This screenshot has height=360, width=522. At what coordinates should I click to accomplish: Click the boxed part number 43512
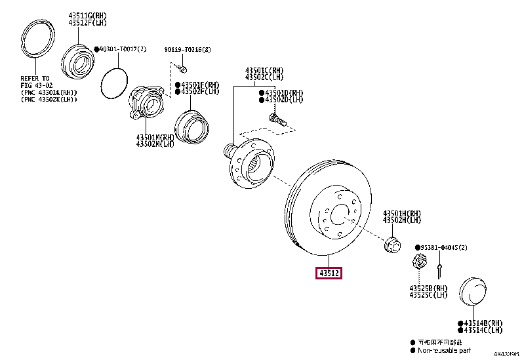tap(330, 273)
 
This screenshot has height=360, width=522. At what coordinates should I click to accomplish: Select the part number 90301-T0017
tap(120, 49)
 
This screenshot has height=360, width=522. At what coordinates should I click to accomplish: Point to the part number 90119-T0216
tap(188, 49)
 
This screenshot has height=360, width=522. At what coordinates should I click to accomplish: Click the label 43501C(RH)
tap(265, 70)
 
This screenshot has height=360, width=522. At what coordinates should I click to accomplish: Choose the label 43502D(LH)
tap(284, 100)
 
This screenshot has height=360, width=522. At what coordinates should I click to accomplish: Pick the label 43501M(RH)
tap(155, 137)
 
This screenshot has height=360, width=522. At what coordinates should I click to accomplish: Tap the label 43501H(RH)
tap(402, 214)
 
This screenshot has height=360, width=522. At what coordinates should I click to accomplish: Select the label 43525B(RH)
tap(428, 289)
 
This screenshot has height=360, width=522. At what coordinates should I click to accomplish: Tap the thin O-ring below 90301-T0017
tap(113, 82)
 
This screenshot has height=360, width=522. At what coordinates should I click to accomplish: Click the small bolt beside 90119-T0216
tap(184, 68)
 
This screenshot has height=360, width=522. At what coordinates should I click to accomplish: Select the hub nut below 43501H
tap(392, 246)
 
